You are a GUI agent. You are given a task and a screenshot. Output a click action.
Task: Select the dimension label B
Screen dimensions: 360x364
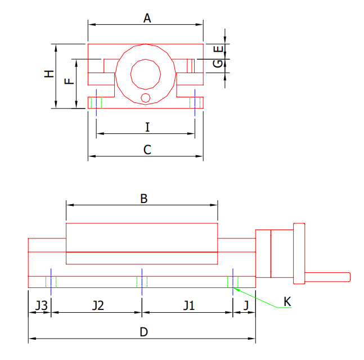(143, 199)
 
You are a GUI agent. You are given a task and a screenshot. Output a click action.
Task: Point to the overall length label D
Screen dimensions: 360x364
(143, 332)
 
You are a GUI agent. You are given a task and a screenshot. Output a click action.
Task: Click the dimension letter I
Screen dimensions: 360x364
(147, 128)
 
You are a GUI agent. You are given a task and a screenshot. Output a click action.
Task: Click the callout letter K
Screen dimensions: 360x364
(287, 302)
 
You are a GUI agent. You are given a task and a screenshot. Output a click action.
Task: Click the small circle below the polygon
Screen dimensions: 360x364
(146, 98)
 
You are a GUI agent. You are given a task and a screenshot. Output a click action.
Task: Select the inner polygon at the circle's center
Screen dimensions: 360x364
(146, 73)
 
